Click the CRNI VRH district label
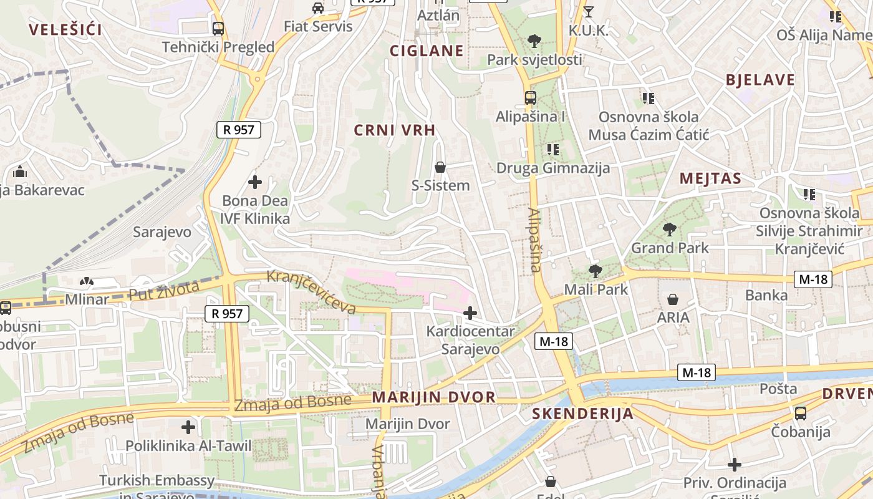pos(395,130)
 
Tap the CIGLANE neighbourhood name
pos(427,51)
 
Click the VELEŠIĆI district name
pos(65,29)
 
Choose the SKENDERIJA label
pos(582,414)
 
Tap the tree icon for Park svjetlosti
pos(534,41)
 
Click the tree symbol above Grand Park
pos(670,230)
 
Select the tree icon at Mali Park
pos(596,271)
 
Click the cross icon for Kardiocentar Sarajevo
pos(470,313)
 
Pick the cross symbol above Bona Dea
pos(255,182)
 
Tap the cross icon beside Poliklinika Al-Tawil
pos(188,427)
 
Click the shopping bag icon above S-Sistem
pos(440,167)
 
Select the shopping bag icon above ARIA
pos(672,299)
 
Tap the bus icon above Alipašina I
pos(530,98)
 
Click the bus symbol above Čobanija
pos(801,413)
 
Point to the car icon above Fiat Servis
pos(318,8)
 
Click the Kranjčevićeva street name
pos(311,292)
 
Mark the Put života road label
pos(164,291)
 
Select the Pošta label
pos(778,389)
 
